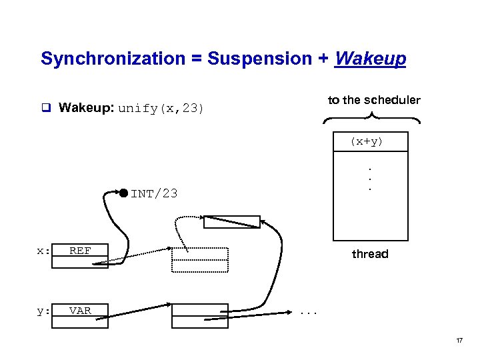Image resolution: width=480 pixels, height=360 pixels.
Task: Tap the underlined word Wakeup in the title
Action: pos(371,59)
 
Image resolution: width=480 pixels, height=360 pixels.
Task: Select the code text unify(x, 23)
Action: pos(161,109)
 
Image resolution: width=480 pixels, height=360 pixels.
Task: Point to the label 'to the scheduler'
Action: pos(373,100)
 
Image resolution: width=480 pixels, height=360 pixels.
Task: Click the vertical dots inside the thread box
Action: pos(370,178)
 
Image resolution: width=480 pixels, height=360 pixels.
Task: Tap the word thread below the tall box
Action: pos(369,254)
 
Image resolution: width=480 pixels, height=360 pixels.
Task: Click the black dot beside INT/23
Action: pos(123,193)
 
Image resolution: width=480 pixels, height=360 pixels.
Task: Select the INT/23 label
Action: pos(154,194)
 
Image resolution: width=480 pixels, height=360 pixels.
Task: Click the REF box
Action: pos(80,251)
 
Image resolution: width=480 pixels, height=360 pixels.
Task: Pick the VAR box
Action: pos(80,311)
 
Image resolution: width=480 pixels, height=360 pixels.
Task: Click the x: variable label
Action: pos(43,251)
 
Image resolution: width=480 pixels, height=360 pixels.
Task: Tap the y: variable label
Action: pos(43,311)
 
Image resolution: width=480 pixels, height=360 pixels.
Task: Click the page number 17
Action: pos(459,341)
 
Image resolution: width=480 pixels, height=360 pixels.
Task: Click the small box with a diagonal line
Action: pos(231,222)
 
